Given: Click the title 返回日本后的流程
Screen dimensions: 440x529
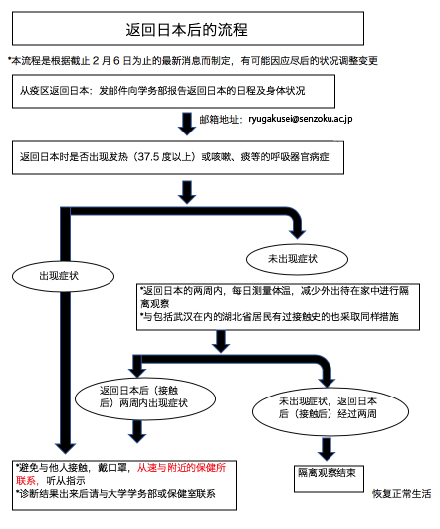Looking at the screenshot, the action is coord(187,29).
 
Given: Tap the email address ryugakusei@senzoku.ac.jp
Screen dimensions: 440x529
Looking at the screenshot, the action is coord(301,119).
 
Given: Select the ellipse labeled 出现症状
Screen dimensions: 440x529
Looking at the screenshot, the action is coord(63,276).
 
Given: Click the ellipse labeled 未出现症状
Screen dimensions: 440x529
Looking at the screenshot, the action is coord(297,259).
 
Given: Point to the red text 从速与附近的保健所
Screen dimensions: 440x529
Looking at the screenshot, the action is coord(181,468).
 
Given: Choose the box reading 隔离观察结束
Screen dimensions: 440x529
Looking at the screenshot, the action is coord(329,479).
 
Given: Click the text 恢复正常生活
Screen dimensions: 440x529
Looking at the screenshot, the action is coord(401,494).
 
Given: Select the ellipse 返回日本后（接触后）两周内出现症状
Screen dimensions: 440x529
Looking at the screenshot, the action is coord(145,398).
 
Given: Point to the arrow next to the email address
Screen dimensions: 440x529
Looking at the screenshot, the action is coord(187,124).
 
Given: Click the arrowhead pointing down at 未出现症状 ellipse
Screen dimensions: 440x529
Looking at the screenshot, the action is coord(297,234).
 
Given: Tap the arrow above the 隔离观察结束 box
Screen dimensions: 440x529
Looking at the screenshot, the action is coord(327,449).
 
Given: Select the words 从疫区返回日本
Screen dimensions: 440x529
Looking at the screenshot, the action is coord(54,91).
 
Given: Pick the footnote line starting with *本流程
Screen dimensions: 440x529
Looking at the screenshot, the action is coord(193,61).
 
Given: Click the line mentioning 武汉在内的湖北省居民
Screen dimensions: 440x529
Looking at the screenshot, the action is coord(270,317).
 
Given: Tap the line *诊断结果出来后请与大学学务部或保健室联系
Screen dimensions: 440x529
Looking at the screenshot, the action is coord(115,494).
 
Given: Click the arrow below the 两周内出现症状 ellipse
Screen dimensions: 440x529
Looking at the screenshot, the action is coord(137,431).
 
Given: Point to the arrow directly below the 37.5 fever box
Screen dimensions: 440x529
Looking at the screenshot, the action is coord(187,192).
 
